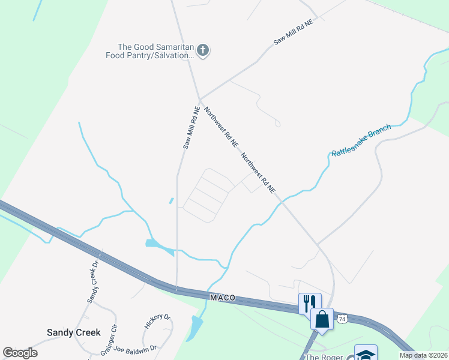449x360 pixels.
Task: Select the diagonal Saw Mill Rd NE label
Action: pos(294,32)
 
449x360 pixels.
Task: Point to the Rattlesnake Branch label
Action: pos(361,140)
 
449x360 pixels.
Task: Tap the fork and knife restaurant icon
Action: pos(310,302)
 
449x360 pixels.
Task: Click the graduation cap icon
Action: pos(366,354)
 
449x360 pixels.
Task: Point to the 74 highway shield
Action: pos(342,318)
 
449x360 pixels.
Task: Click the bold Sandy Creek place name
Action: pos(73,332)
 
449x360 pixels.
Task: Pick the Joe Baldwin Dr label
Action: pos(135,348)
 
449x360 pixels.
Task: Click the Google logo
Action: pos(20,353)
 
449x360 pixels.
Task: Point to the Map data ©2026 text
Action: pos(423,355)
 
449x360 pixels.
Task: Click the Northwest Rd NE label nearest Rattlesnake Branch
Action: pos(258,173)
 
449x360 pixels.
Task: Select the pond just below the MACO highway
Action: pos(195,328)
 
